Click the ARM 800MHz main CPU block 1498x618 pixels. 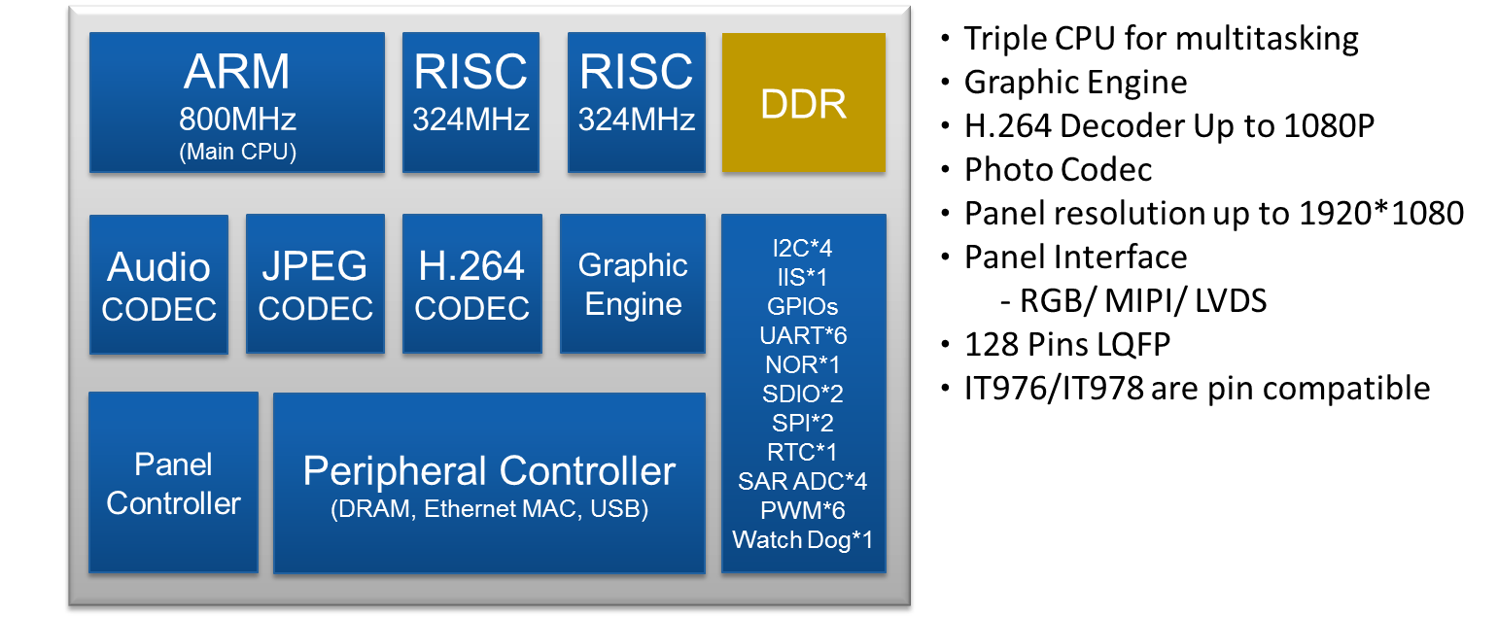[237, 103]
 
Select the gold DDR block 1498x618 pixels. [804, 103]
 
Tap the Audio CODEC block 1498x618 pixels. [159, 285]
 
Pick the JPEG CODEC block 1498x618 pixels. [316, 285]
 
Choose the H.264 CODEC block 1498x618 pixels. [472, 285]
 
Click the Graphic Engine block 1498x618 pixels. [633, 284]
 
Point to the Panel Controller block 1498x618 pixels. [173, 483]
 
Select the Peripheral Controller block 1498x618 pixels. [489, 483]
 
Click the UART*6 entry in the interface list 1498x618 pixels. [803, 336]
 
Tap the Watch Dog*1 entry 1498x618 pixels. [803, 539]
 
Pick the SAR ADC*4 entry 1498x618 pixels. [803, 481]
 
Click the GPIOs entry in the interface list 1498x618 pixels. [803, 307]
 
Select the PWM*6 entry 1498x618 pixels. [803, 510]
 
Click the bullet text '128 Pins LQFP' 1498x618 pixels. [1067, 345]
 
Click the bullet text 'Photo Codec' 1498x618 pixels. [1058, 170]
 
